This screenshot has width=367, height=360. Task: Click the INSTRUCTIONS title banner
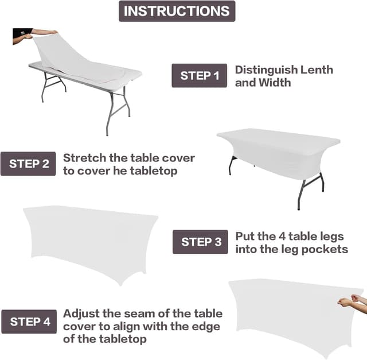[x=177, y=11]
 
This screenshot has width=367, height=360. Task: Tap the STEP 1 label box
[x=200, y=75]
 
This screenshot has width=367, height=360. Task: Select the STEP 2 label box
[x=28, y=164]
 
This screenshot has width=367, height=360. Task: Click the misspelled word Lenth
[x=315, y=69]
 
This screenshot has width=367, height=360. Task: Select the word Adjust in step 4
[x=82, y=314]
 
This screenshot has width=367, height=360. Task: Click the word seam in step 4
[x=144, y=314]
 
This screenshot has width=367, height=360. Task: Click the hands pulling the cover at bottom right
[x=350, y=300]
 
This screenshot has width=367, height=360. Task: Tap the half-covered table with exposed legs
[x=278, y=158]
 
